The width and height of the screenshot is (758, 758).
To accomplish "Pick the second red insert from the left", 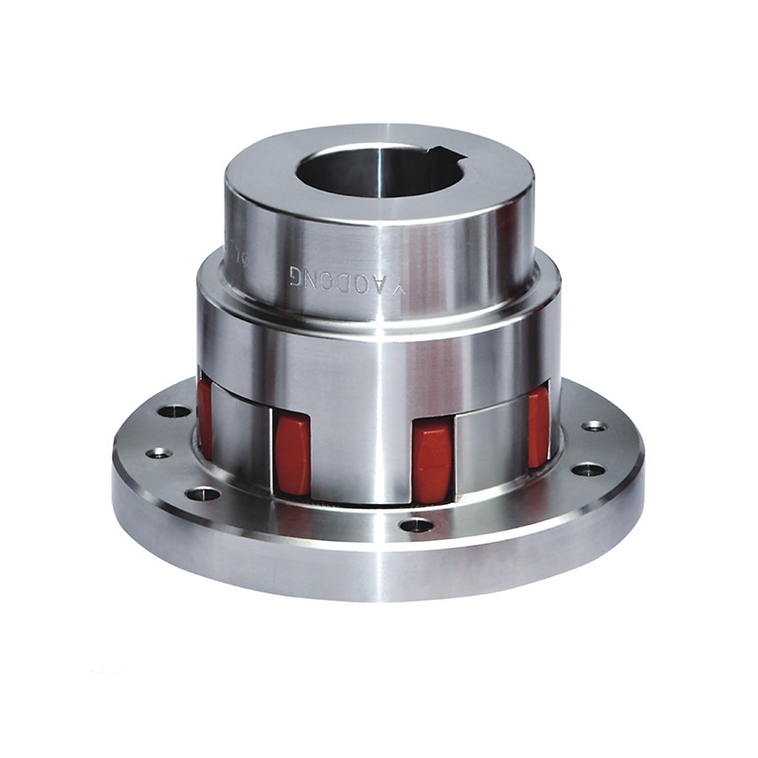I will pos(292,455).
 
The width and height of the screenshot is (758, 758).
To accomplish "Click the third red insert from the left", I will pos(432,460).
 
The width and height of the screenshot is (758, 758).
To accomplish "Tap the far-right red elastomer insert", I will pos(538,426).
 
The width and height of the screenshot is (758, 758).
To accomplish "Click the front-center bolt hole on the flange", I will pos(416,524).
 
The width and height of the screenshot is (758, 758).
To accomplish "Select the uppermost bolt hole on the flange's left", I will pos(173,411).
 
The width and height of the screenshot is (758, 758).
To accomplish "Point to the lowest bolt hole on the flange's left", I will pos(203,493).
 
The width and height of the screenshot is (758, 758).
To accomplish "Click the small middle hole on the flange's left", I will pos(158,453).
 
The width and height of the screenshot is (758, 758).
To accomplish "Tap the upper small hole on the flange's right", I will pos(594,426).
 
